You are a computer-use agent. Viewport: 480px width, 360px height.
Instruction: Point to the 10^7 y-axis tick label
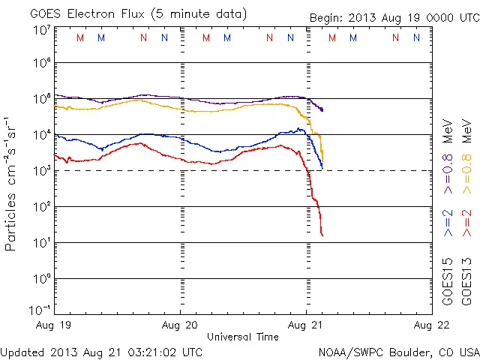pyautogui.click(x=41, y=30)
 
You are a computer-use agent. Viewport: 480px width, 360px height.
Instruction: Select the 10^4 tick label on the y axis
pyautogui.click(x=41, y=135)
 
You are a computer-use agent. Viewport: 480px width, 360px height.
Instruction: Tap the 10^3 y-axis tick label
pyautogui.click(x=41, y=171)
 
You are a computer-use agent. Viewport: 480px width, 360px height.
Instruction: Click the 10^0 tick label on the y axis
pyautogui.click(x=41, y=279)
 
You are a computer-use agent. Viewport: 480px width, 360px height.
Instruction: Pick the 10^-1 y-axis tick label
pyautogui.click(x=40, y=310)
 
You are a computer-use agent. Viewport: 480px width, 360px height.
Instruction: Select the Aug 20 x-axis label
pyautogui.click(x=181, y=325)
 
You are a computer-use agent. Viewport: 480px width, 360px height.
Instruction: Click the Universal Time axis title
pyautogui.click(x=243, y=337)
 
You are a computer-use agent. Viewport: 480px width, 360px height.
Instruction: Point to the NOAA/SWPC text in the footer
pyautogui.click(x=349, y=352)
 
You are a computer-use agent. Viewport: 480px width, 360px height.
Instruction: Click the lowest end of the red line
pyautogui.click(x=322, y=235)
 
